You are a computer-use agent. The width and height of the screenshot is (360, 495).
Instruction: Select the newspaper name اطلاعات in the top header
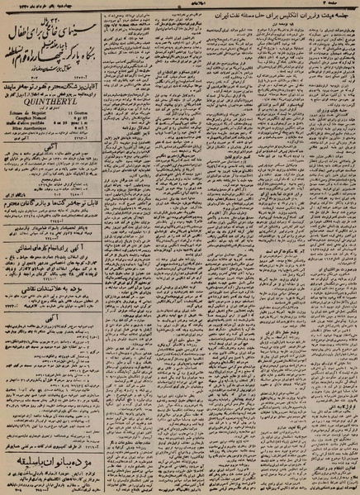[179, 7]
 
